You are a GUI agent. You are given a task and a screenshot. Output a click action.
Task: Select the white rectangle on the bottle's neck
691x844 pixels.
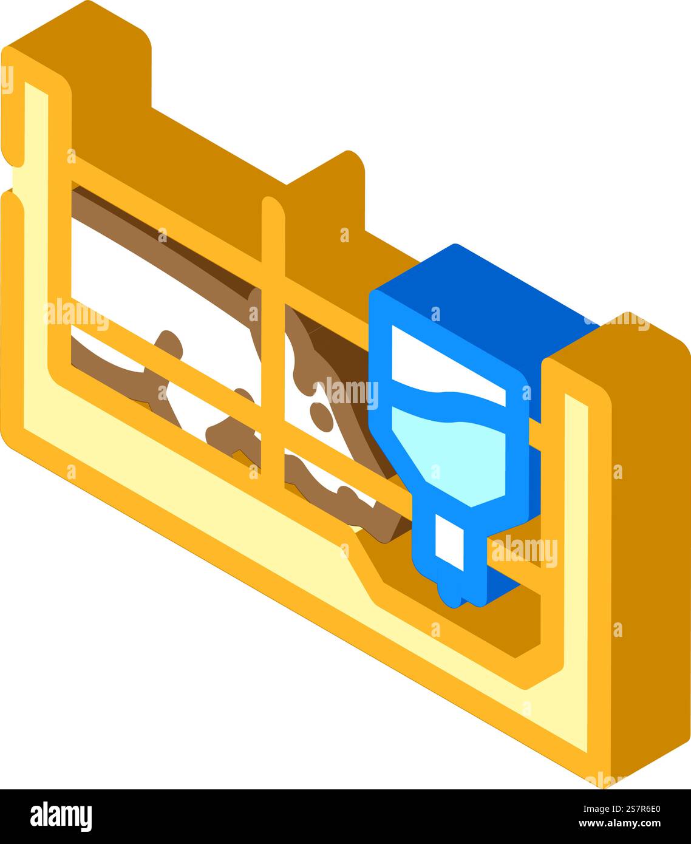449,542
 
